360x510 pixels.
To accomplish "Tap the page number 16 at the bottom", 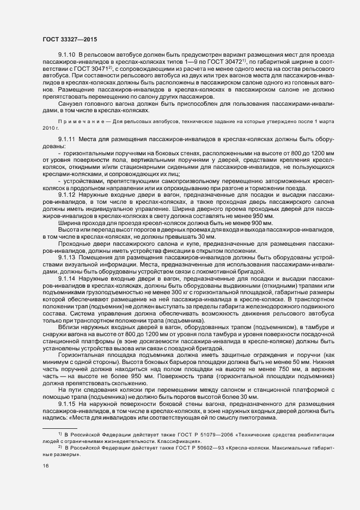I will tap(45, 466).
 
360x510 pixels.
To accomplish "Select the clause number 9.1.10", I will tap(68, 56).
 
